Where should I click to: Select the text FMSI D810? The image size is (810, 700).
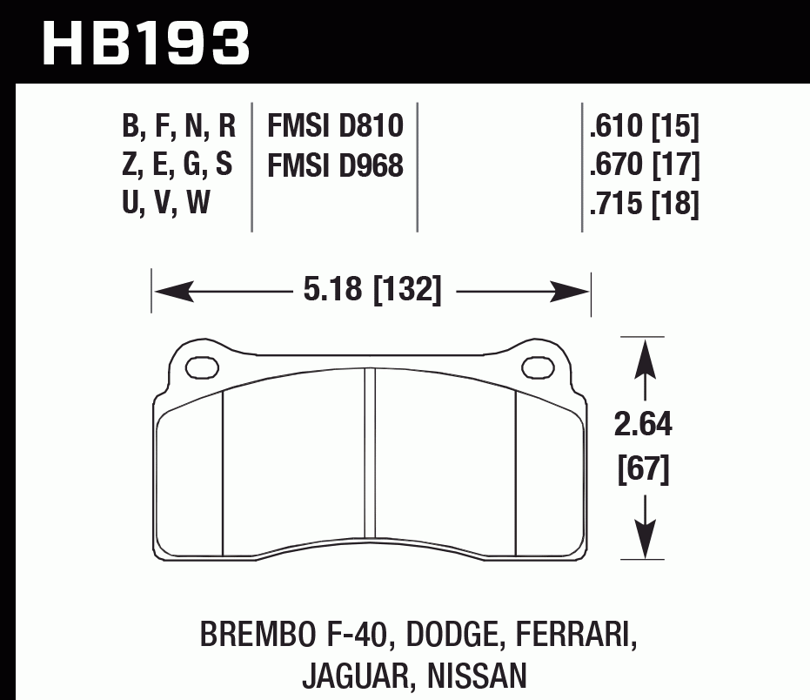(x=335, y=127)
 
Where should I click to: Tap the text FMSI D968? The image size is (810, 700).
(x=335, y=165)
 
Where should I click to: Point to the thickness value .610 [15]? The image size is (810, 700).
(x=644, y=128)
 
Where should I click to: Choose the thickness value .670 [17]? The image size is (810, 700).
(x=644, y=165)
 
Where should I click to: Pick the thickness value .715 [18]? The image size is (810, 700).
(x=644, y=205)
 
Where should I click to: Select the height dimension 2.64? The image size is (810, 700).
(x=643, y=427)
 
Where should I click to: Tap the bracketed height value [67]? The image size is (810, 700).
(x=643, y=470)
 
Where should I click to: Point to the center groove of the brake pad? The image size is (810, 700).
(x=371, y=453)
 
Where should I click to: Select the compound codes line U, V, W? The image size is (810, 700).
(x=166, y=205)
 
